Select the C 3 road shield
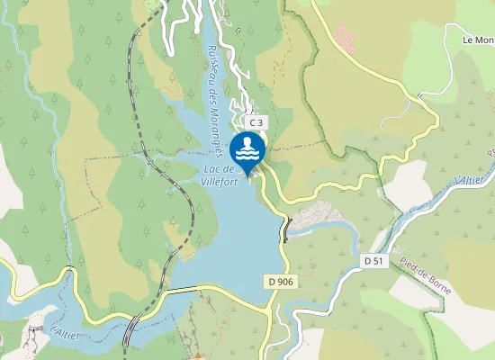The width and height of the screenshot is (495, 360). [256, 121]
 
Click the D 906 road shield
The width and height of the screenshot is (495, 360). [281, 282]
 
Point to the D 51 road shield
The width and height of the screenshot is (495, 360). [374, 261]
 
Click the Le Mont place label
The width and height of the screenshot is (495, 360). [478, 40]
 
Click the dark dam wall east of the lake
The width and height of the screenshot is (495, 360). [286, 229]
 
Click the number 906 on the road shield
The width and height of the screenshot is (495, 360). [285, 282]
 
